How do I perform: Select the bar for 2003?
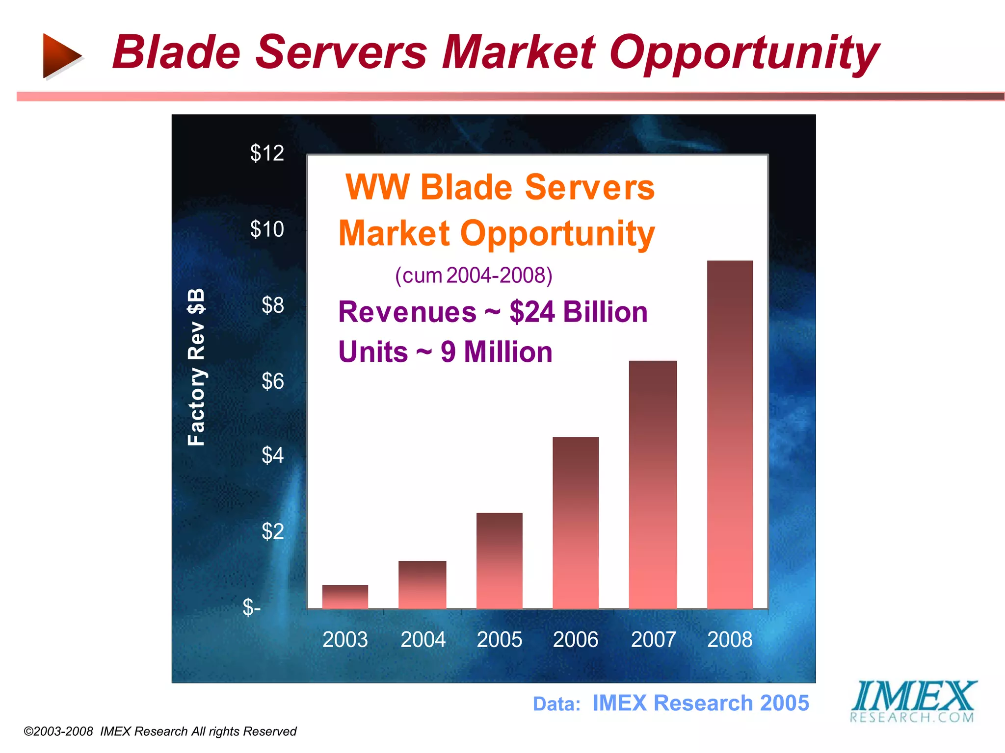point(345,597)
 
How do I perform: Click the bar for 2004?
point(422,585)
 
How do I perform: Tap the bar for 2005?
point(499,561)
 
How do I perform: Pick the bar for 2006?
point(576,523)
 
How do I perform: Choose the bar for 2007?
point(653,485)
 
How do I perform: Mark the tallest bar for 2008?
point(730,435)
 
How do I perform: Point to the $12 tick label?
point(267,153)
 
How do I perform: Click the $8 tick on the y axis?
point(272,305)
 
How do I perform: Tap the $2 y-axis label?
point(272,531)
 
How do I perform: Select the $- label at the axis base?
point(252,607)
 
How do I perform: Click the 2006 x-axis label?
point(576,639)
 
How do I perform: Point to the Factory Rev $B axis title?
point(196,367)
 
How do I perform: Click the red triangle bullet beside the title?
point(61,55)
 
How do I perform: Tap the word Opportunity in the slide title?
point(744,53)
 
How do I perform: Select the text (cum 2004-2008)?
point(474,276)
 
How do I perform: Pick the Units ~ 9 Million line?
point(445,352)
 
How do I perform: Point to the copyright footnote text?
point(160,731)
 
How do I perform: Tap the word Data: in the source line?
point(556,704)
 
